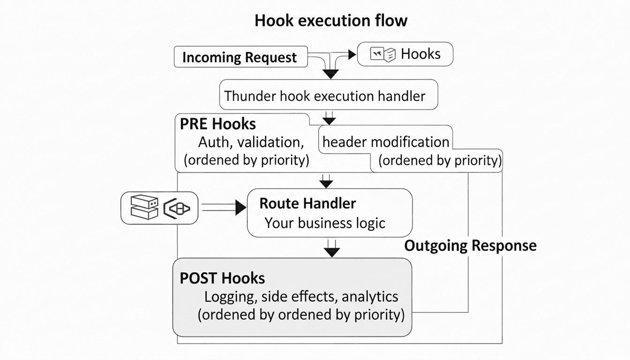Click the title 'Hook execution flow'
pyautogui.click(x=331, y=21)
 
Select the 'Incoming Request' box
pyautogui.click(x=240, y=57)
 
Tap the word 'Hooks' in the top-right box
pyautogui.click(x=420, y=54)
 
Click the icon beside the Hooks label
pyautogui.click(x=383, y=54)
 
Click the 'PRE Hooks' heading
pyautogui.click(x=218, y=124)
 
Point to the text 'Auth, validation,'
pyautogui.click(x=252, y=142)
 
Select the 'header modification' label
pyautogui.click(x=386, y=142)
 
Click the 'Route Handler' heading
pyautogui.click(x=307, y=203)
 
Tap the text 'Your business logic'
pyautogui.click(x=325, y=223)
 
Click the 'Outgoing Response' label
pyautogui.click(x=470, y=245)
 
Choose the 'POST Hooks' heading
pyautogui.click(x=222, y=278)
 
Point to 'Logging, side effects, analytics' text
pyautogui.click(x=301, y=296)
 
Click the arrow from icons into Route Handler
pyautogui.click(x=240, y=207)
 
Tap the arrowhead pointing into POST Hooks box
pyautogui.click(x=331, y=252)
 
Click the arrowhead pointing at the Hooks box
pyautogui.click(x=352, y=54)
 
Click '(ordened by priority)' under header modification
pyautogui.click(x=440, y=161)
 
